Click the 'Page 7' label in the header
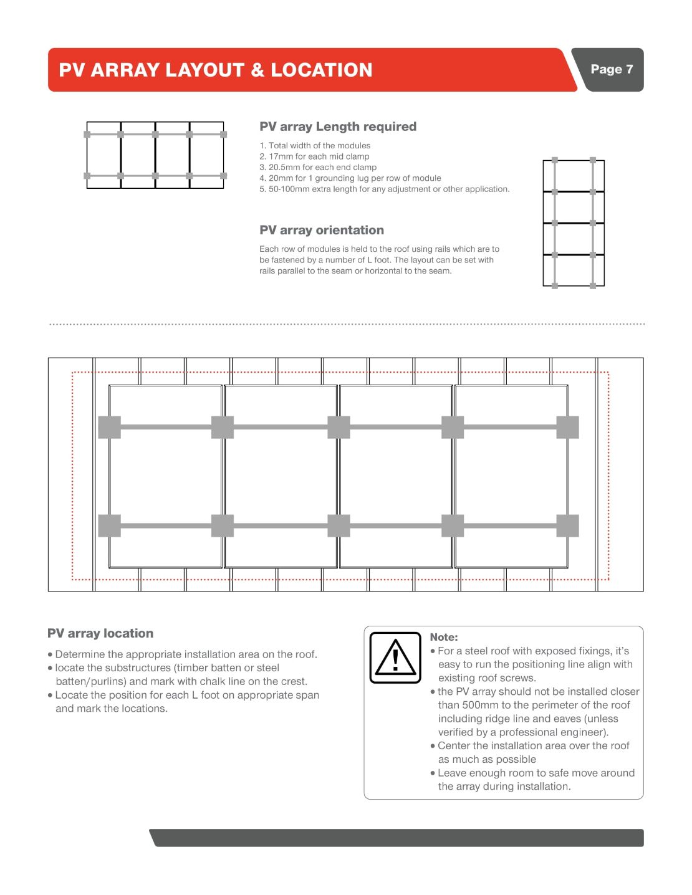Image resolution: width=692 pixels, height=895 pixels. coord(611,69)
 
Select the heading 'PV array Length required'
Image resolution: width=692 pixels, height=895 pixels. coord(338,127)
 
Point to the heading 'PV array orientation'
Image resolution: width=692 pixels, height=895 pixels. coord(322,230)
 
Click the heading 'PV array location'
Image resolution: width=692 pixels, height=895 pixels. coord(100,633)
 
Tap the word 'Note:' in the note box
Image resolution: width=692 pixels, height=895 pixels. coord(444,637)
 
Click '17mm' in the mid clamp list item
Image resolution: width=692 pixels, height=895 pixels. coord(281,156)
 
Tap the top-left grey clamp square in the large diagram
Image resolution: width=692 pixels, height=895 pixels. coord(110,427)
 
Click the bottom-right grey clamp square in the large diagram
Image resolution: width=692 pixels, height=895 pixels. coord(567,525)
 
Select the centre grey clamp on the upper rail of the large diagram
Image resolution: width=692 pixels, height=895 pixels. coord(339,427)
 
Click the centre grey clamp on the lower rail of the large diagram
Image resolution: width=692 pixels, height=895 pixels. coord(339,525)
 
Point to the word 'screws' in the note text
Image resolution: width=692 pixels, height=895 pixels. coord(516,678)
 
